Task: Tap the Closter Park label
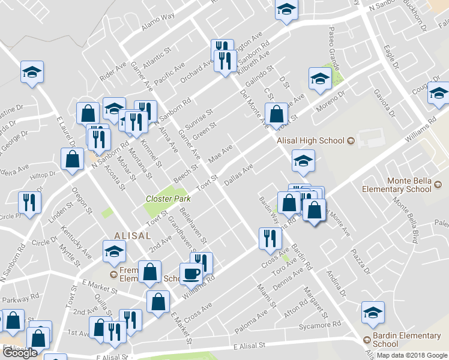(x=168, y=199)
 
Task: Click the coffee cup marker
(x=191, y=274)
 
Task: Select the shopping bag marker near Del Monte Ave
(x=276, y=115)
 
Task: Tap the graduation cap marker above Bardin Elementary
(x=373, y=313)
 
